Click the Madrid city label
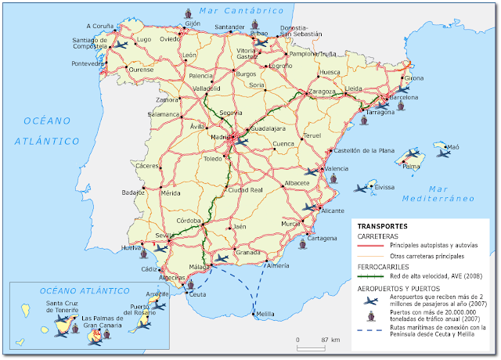[220, 138]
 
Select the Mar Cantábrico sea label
[240, 10]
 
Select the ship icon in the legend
[369, 315]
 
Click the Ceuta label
[197, 294]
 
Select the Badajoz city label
[132, 192]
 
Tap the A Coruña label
[99, 25]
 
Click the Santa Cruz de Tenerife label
[67, 308]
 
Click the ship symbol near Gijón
[189, 13]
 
